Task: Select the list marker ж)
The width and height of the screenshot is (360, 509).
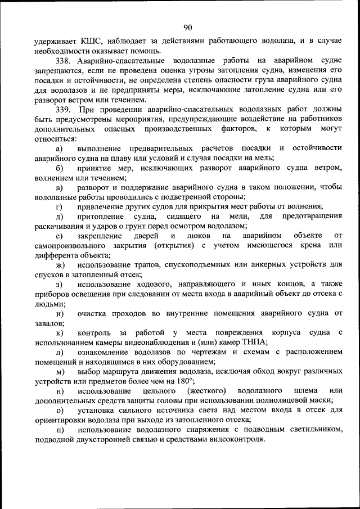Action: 60,264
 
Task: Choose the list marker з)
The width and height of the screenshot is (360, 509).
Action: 60,284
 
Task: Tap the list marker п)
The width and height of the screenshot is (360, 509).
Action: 60,429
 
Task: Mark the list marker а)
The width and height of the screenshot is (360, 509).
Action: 60,148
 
